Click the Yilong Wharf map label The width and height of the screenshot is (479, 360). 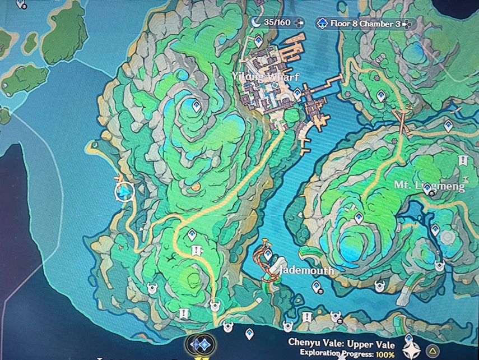(266, 77)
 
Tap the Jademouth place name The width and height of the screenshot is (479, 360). (306, 271)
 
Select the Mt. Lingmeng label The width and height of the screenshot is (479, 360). (429, 184)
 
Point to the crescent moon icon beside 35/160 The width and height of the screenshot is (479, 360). (256, 23)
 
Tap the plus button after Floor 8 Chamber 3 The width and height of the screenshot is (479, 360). (407, 24)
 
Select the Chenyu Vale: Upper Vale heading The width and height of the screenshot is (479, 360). (342, 343)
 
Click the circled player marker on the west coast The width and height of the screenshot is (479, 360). (125, 192)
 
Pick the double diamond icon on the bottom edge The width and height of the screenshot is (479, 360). (201, 344)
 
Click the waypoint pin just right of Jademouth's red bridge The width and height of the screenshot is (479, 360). (268, 255)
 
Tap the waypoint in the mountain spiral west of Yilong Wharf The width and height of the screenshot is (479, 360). (197, 105)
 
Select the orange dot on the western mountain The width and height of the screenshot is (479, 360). (196, 186)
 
